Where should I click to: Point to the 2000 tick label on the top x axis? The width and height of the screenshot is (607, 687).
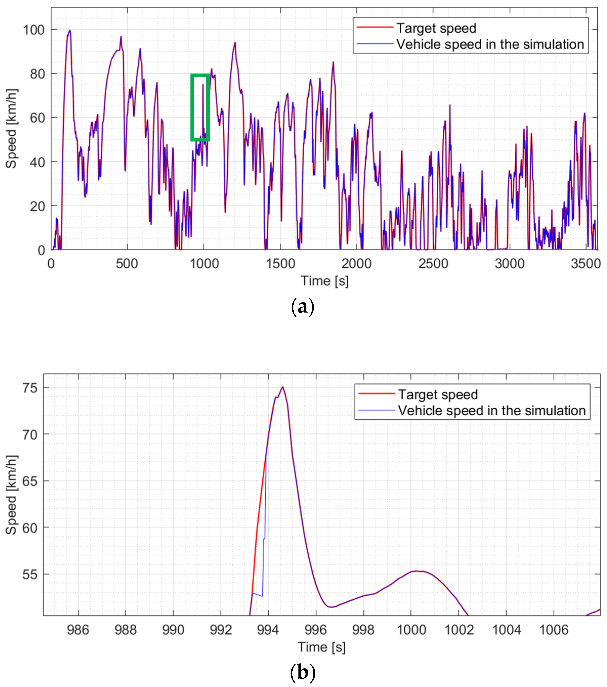tap(356, 264)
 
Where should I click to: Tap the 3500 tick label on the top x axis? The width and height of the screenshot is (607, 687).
tap(586, 264)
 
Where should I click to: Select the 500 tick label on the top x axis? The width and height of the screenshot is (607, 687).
tap(127, 264)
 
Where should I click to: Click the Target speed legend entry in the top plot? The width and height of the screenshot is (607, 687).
tap(436, 28)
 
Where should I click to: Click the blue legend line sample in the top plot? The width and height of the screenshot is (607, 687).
tap(375, 44)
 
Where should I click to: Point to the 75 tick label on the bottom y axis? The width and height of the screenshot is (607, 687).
tap(30, 388)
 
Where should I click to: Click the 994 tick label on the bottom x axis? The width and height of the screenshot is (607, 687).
tap(268, 630)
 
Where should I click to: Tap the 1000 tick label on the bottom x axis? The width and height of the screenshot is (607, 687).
tap(411, 630)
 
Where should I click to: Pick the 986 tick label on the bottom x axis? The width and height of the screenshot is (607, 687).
tap(78, 630)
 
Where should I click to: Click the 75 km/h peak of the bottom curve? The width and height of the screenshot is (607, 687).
tap(283, 387)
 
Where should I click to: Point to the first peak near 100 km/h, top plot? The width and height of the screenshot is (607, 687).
tap(70, 31)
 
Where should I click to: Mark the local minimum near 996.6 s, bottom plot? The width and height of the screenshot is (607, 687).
tap(331, 607)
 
